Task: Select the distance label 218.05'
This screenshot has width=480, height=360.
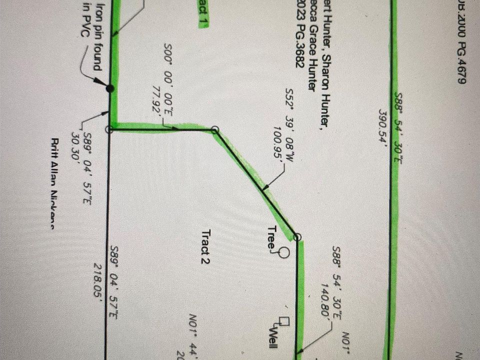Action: coord(98,280)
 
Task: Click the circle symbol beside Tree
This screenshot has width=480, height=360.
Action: coord(284,252)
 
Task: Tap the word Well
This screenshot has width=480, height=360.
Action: coord(273,333)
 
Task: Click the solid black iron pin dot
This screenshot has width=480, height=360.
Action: coord(110,88)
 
